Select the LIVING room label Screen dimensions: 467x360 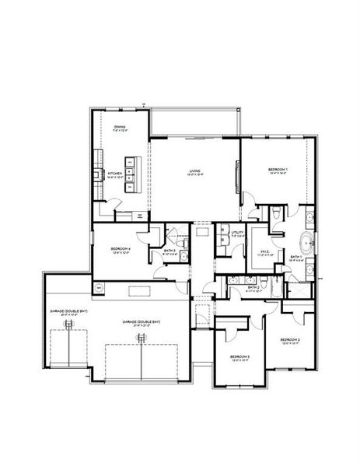(195, 171)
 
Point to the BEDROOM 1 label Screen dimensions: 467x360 (278, 170)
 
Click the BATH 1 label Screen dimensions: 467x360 (296, 257)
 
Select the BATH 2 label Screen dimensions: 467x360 (252, 287)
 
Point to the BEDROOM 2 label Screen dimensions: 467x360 (290, 340)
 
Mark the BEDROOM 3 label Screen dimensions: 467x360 (239, 357)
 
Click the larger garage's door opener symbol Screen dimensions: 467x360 (142, 337)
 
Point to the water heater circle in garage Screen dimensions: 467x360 (100, 287)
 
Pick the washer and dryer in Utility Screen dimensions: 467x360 (222, 239)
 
